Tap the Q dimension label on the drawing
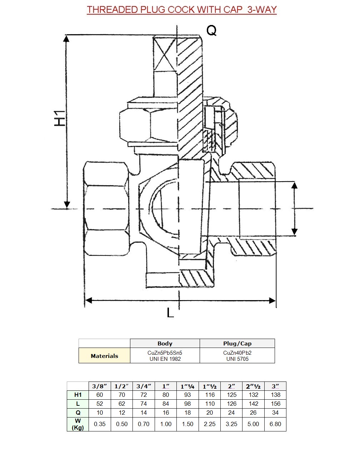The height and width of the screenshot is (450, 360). click(211, 31)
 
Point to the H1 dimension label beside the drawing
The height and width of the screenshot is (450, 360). click(60, 118)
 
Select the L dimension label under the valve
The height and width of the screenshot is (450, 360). click(170, 313)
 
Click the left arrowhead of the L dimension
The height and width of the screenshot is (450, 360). click(89, 300)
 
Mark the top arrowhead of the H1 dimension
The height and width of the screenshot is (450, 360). click(66, 39)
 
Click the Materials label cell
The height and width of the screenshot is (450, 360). click(104, 356)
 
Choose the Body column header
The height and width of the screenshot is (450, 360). click(165, 344)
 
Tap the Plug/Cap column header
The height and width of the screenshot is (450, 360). click(237, 344)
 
